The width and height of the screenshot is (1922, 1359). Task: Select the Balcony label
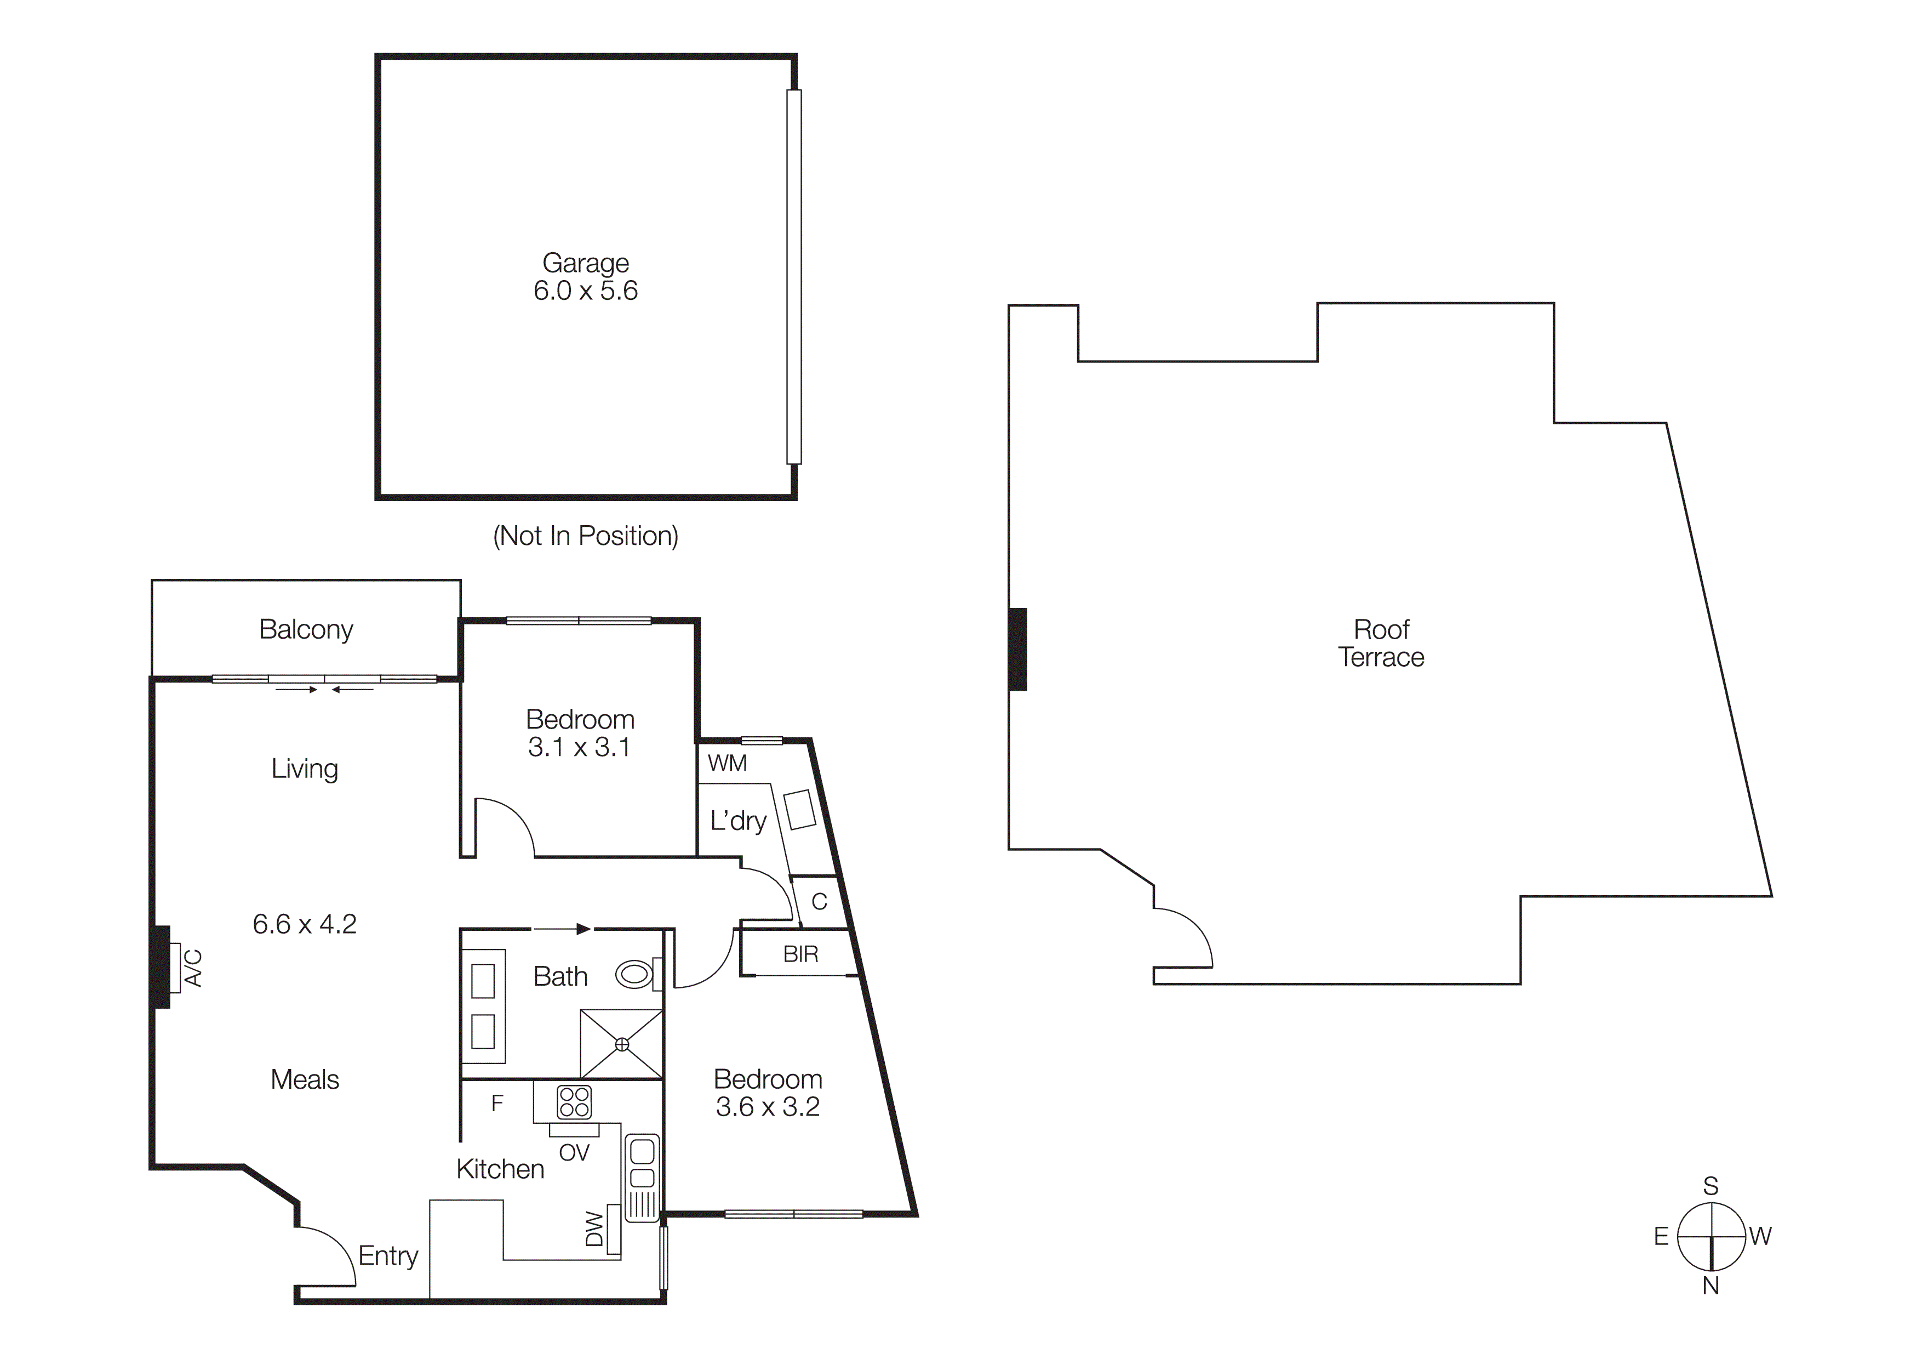(306, 629)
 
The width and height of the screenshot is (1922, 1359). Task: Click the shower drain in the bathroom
(622, 1044)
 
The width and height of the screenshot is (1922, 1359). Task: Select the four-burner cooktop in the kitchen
(574, 1102)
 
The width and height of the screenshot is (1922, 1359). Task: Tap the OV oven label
(574, 1153)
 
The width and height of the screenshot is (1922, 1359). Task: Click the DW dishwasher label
(594, 1229)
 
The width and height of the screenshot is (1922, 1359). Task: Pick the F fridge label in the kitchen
(497, 1104)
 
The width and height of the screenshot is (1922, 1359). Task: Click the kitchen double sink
(642, 1164)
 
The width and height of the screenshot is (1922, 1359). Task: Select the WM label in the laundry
(727, 763)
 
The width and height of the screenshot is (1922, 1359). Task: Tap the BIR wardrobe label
(800, 954)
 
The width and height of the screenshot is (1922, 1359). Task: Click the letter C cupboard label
(820, 902)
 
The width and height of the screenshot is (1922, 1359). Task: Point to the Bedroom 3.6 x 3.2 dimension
(768, 1107)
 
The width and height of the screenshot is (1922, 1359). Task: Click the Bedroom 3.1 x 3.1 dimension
(579, 747)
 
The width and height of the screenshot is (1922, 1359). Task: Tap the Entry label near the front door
(387, 1256)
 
